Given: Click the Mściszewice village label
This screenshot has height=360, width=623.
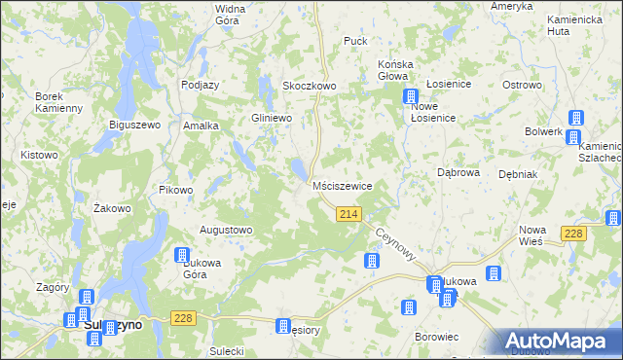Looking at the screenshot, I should pos(343,185).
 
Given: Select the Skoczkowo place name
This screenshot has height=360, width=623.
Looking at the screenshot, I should pos(310,86).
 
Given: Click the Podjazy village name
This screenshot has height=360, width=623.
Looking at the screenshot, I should pos(200,85).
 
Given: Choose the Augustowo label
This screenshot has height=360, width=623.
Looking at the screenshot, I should pos(226,230).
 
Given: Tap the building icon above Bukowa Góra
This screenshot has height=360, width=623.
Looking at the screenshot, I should pos(181,255).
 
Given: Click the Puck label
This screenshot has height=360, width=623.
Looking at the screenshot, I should pos(355,42).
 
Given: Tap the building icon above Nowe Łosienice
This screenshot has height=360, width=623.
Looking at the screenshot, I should pos(411,97).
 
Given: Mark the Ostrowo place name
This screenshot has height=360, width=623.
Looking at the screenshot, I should pos(522,86).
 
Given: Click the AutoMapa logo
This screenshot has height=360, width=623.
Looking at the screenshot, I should pos(559,342).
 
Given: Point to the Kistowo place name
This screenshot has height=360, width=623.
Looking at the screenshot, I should pos(39,156).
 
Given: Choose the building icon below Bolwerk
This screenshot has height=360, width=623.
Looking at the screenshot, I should pos(574,117).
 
